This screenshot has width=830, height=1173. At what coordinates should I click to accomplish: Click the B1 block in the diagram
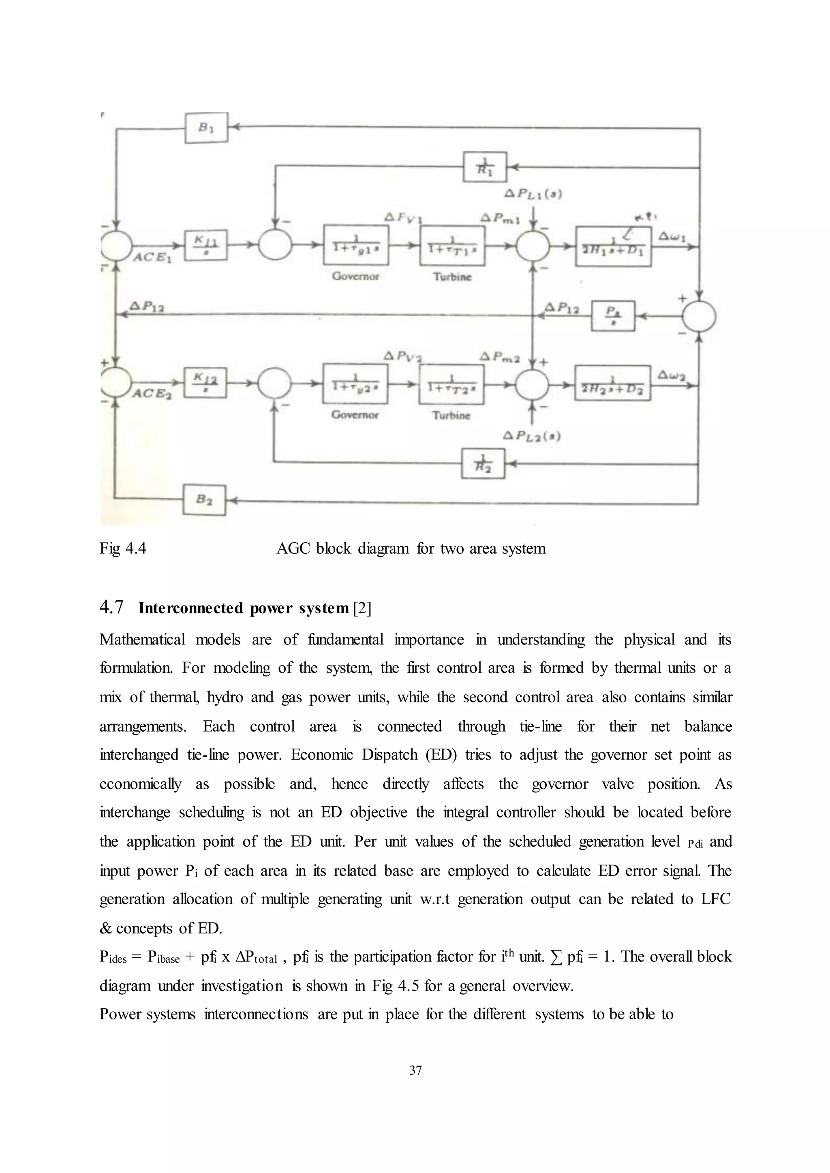pos(205,128)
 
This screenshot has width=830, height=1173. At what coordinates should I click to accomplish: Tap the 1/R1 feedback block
pos(485,167)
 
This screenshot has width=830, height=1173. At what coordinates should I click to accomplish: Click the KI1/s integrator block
pos(205,245)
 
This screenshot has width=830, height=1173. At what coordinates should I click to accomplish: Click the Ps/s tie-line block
pos(613,316)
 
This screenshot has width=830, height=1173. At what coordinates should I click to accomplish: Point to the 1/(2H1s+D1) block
pos(613,246)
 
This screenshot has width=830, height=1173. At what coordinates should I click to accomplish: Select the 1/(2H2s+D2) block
pos(612,383)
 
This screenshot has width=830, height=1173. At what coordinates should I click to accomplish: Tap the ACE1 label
pos(152,257)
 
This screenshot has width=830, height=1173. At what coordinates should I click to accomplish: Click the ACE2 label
pos(152,394)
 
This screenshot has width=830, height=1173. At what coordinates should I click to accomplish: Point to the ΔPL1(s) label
pos(533,194)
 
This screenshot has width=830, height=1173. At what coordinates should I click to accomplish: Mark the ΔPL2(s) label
pos(532,437)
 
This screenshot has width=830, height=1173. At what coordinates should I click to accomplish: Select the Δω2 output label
pos(671,376)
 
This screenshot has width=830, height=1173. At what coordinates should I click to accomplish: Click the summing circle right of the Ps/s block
pos(699,317)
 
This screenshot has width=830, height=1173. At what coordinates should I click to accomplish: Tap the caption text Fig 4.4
pos(123,548)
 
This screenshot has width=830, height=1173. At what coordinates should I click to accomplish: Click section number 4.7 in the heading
pos(111,607)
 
